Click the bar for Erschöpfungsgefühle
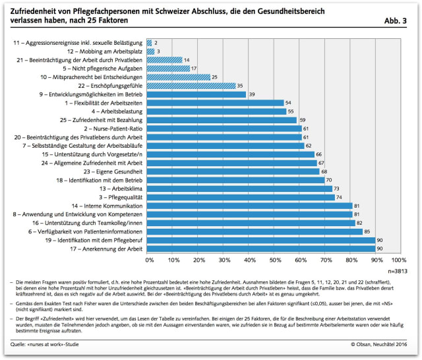pos(192,86)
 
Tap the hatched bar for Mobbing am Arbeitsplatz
pos(151,51)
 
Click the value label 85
pos(368,231)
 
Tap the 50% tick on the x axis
pos(274,261)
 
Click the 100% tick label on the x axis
pos(399,261)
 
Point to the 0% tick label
pos(149,261)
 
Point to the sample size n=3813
pos(397,271)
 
